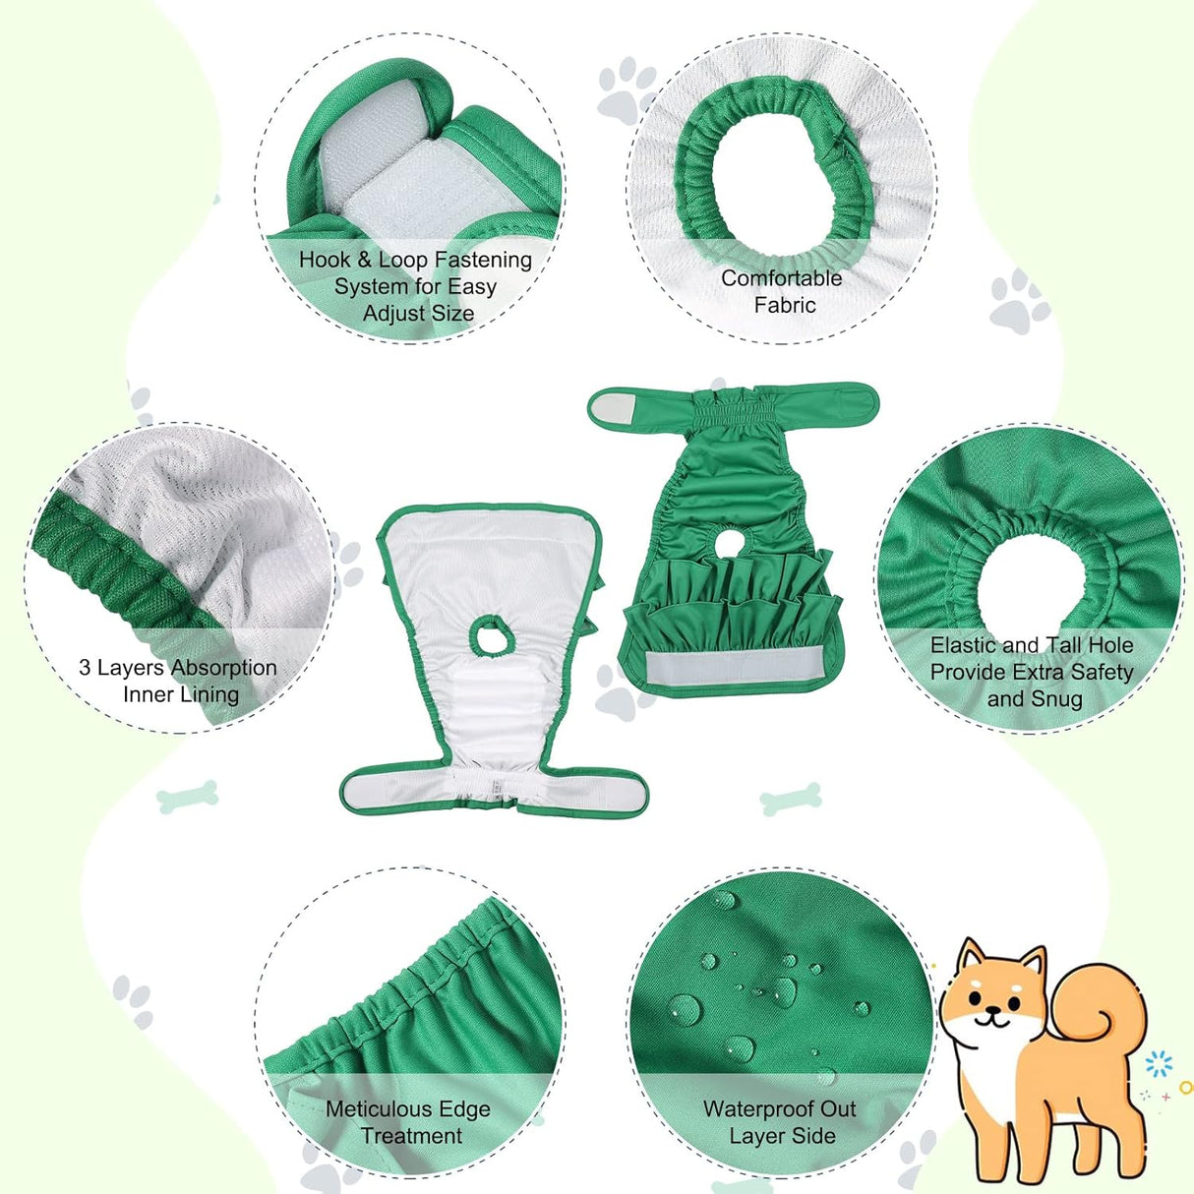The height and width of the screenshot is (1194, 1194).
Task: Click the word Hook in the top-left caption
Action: coord(325,260)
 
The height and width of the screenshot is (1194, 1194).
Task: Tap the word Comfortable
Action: coord(781,278)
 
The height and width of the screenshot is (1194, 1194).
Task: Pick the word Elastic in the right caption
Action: coord(963,645)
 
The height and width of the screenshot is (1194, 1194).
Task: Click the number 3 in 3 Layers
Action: coord(85,668)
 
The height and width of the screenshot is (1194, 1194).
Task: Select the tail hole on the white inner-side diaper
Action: coord(488,634)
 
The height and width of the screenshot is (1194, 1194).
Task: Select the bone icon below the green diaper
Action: coord(791,799)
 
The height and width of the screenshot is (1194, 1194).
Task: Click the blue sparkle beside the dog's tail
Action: coord(1160,1064)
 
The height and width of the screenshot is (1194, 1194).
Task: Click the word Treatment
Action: coord(411,1136)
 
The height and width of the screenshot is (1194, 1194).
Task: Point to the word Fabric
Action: coord(784,305)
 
